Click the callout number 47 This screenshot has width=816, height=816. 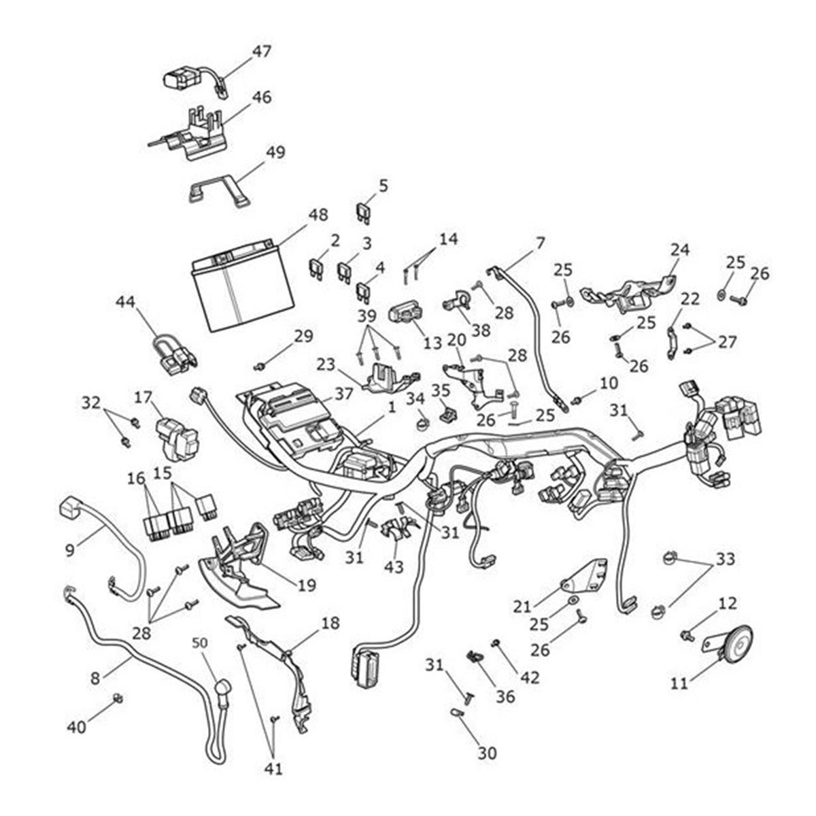point(262,51)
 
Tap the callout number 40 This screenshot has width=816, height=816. point(77,727)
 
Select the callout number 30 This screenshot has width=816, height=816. point(487,753)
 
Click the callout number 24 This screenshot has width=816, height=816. point(679,250)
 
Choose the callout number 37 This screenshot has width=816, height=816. point(344,394)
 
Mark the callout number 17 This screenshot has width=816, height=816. point(142,396)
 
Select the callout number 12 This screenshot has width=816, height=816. point(726,603)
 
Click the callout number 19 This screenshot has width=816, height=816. point(307,585)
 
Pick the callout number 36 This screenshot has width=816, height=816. point(505,696)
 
